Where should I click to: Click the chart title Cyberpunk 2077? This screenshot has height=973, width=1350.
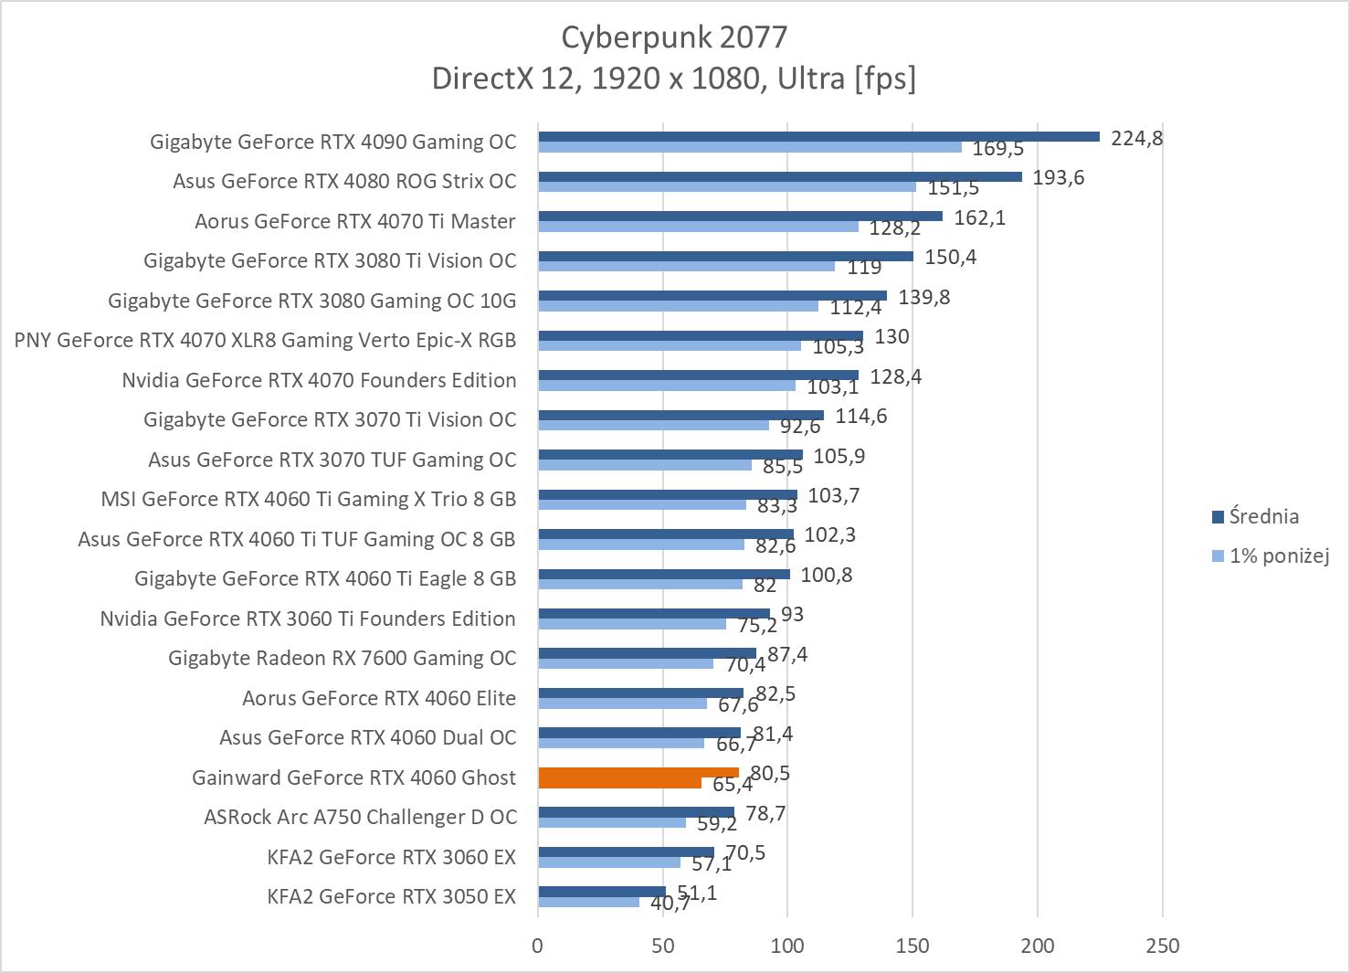pos(673,37)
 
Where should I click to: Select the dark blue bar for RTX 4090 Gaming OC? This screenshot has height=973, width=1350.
pos(818,137)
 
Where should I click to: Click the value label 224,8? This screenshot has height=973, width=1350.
pos(1136,139)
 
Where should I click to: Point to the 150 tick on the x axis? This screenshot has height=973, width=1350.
pos(912,946)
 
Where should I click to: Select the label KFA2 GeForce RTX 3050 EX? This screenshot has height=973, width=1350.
pos(391,896)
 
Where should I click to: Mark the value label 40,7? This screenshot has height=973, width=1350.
pos(670,904)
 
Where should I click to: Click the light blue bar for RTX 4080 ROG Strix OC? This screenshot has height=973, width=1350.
pos(726,186)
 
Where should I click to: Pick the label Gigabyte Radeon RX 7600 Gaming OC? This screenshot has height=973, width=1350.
pos(342,658)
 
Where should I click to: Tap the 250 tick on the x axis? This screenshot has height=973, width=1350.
pos(1162,946)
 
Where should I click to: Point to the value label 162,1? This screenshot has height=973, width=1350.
pos(979,218)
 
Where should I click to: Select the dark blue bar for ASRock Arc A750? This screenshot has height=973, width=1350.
pos(636,812)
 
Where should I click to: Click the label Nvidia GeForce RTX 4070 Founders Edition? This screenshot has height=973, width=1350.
pos(319,380)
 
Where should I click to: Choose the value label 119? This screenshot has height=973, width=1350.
pos(863,267)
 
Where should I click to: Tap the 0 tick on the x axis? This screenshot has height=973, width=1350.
pos(537,946)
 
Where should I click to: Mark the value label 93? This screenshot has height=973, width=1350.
pos(792,615)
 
